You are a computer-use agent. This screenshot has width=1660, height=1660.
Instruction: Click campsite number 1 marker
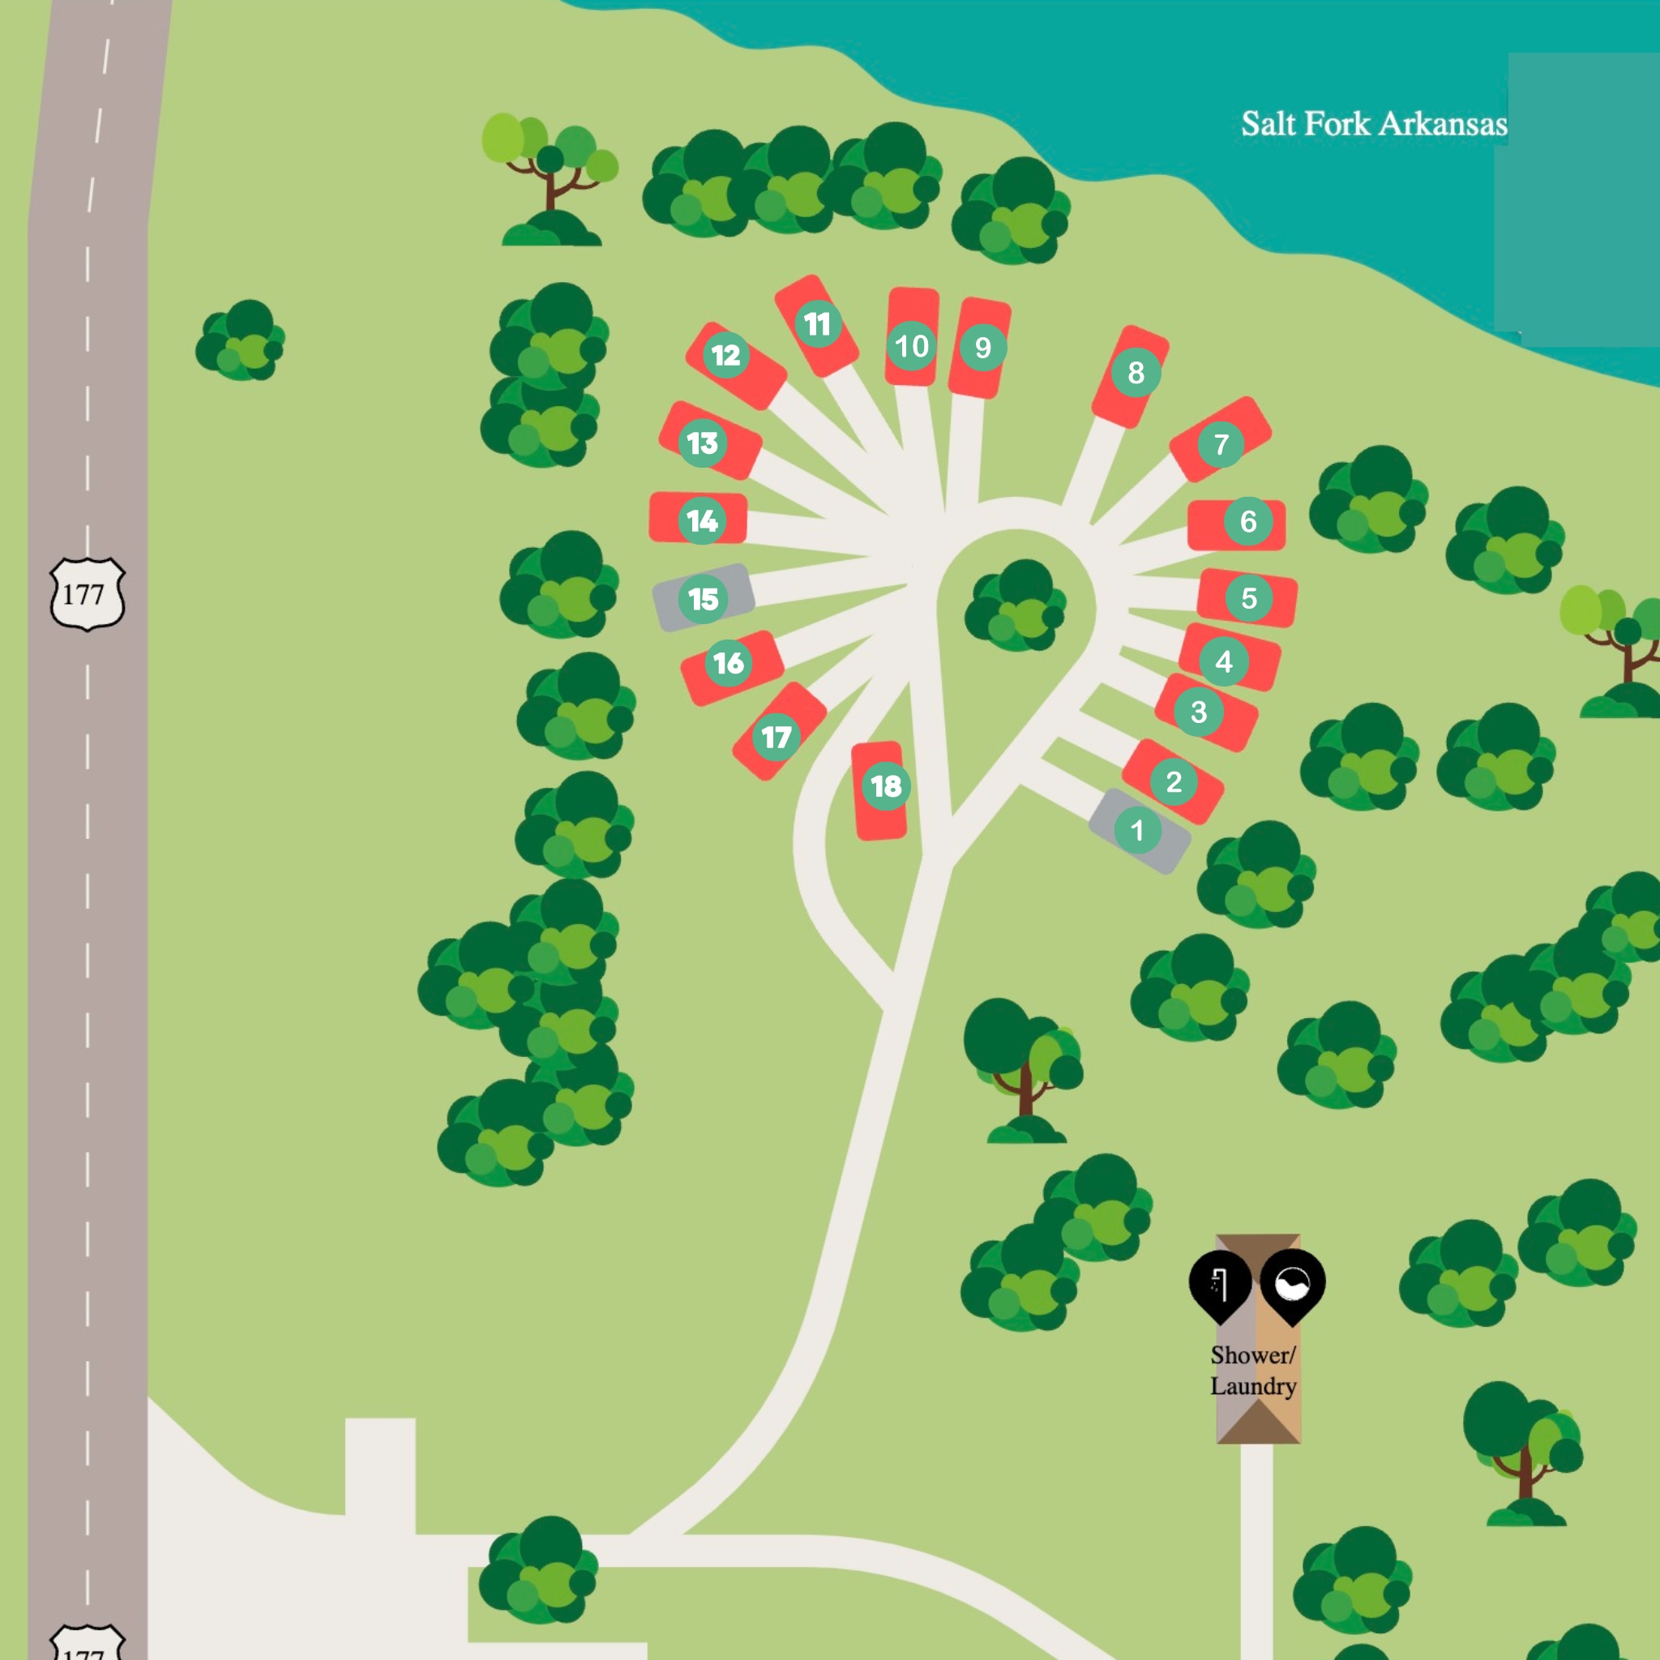tap(1137, 830)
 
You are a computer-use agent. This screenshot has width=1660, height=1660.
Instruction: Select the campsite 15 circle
tap(703, 599)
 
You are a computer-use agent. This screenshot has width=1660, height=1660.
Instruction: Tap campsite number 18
tap(886, 785)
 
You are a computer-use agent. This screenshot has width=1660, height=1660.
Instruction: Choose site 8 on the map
tap(1136, 372)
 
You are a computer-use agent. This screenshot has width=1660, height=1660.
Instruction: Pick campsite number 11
tap(817, 324)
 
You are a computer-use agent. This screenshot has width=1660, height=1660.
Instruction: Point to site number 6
tap(1247, 520)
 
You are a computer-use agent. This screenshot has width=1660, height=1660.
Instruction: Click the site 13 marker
tap(703, 443)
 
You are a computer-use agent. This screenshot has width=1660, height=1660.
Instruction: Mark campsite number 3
tap(1199, 712)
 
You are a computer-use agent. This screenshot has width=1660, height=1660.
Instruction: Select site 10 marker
tap(912, 345)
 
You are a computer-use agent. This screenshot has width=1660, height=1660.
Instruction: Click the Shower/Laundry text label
tap(1253, 1370)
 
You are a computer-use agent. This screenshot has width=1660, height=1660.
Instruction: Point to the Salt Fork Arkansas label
tap(1373, 124)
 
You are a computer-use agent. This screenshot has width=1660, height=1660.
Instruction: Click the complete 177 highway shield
tap(87, 593)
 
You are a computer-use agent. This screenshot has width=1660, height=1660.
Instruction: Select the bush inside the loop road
tap(1016, 605)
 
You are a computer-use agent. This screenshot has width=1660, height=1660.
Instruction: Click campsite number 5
tap(1248, 598)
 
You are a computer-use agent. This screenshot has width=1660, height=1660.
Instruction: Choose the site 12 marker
tap(726, 355)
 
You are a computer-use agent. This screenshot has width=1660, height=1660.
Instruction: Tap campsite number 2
tap(1174, 782)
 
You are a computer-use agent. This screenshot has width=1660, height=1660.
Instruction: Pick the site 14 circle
tap(702, 520)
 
